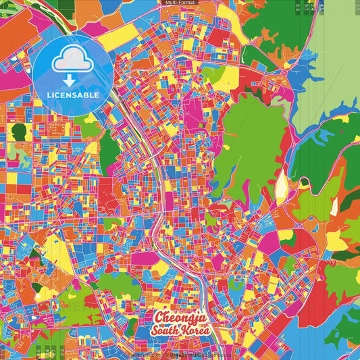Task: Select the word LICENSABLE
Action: [74, 95]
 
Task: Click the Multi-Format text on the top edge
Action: [180, 3]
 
